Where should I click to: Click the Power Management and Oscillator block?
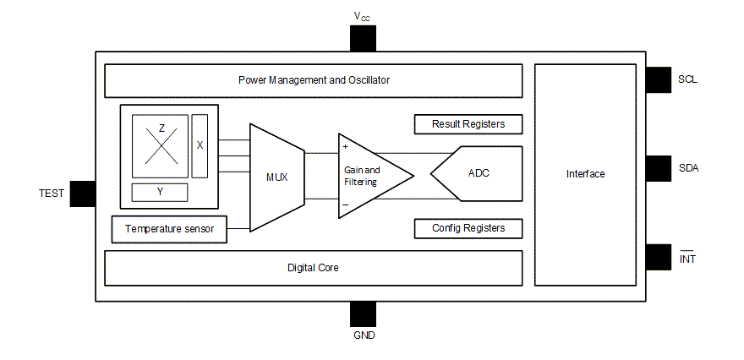click(x=313, y=80)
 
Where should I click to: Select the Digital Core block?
click(x=313, y=267)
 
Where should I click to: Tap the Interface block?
click(x=585, y=174)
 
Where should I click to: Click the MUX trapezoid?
click(x=276, y=177)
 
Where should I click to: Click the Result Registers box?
click(x=468, y=124)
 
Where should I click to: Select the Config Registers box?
click(x=468, y=228)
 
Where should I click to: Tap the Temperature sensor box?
click(x=169, y=229)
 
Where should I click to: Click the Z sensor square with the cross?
click(x=161, y=145)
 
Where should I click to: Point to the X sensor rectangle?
click(x=200, y=145)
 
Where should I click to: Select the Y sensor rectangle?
click(x=160, y=192)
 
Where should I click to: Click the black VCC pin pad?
click(x=363, y=38)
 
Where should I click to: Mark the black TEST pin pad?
click(x=82, y=194)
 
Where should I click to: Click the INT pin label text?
click(x=687, y=259)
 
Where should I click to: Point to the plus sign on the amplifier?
click(x=345, y=146)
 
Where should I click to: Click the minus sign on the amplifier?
click(x=345, y=205)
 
